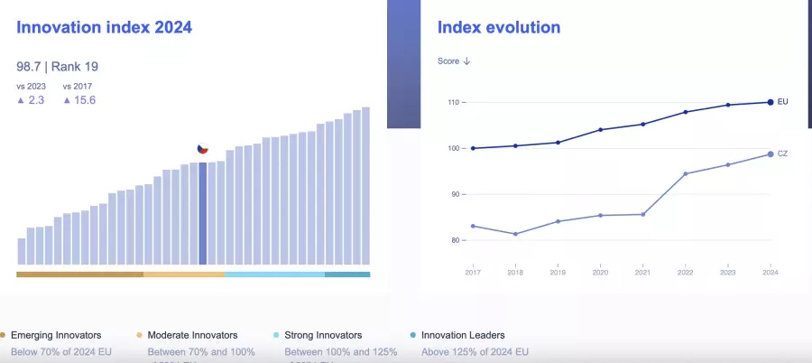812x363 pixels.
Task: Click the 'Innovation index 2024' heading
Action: [x=104, y=28]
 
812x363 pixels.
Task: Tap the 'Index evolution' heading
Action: [x=498, y=28]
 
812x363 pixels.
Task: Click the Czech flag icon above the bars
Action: [x=203, y=149]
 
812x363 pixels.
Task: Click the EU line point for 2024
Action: [x=770, y=102]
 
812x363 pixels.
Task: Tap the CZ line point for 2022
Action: [x=685, y=173]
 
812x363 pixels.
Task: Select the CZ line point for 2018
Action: [x=515, y=234]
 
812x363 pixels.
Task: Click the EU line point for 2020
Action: [x=600, y=130]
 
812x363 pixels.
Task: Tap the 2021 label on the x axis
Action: [x=642, y=272]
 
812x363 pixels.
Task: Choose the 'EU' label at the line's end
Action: [x=783, y=102]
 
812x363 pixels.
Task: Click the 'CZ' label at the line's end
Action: [x=783, y=154]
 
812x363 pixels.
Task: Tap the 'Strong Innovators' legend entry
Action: [x=322, y=335]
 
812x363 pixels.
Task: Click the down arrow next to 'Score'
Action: [x=467, y=61]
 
